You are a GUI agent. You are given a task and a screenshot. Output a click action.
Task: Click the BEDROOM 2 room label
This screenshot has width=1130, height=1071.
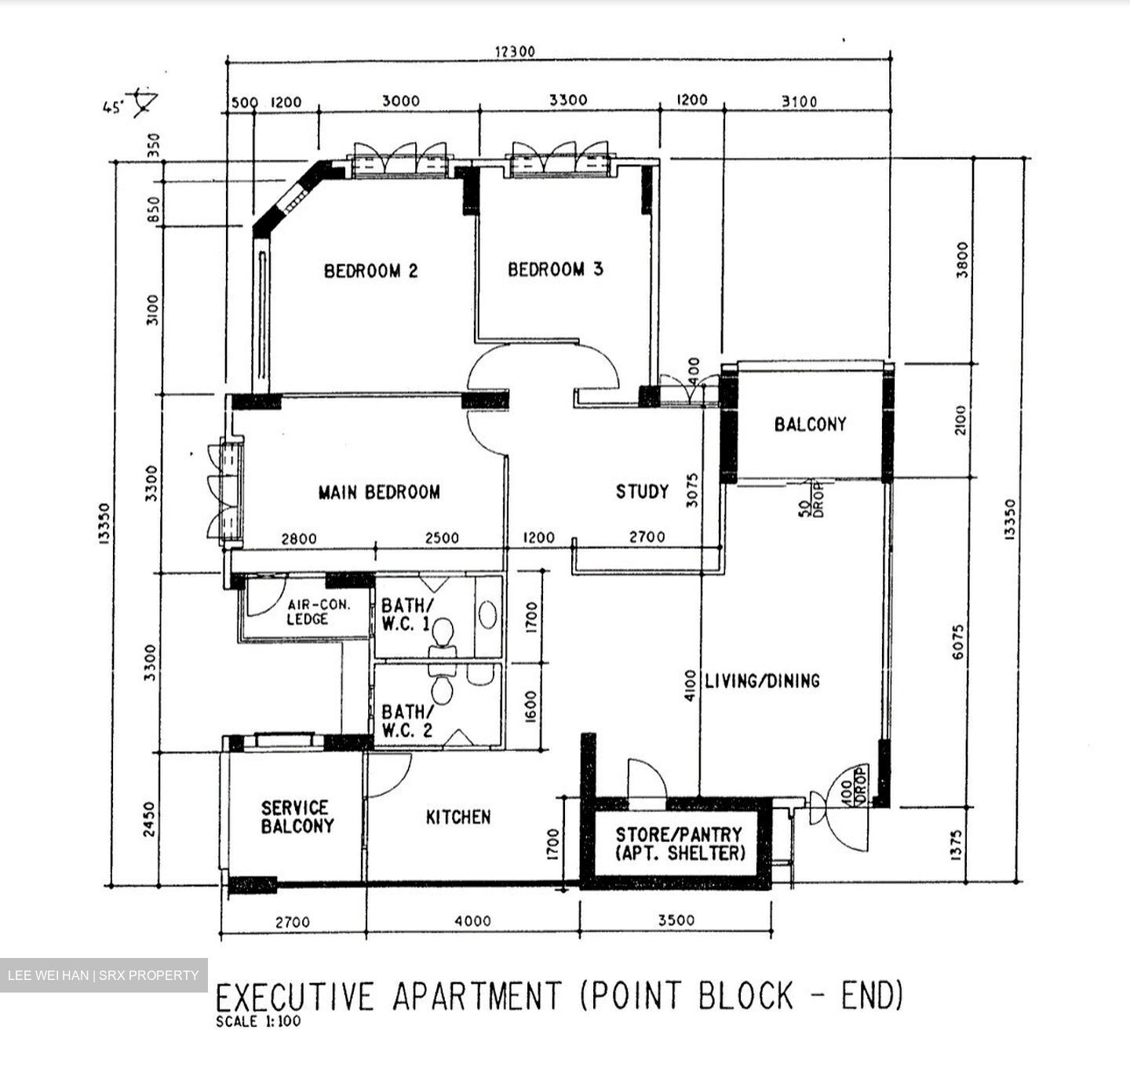click(x=370, y=271)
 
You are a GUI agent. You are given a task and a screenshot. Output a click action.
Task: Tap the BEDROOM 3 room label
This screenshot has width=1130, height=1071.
click(x=555, y=270)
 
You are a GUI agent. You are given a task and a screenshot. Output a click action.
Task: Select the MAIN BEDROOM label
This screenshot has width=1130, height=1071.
click(x=379, y=493)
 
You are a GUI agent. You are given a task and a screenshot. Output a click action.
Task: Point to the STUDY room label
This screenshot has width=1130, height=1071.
click(x=642, y=492)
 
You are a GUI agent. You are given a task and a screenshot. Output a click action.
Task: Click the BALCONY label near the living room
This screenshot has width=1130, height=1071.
click(x=810, y=424)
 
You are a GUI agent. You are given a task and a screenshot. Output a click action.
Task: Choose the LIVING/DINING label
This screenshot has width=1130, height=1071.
click(x=762, y=681)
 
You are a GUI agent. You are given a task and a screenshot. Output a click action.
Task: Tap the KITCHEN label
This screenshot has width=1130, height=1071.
click(x=458, y=818)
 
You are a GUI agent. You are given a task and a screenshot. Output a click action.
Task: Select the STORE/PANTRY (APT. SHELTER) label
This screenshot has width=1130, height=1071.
click(x=679, y=844)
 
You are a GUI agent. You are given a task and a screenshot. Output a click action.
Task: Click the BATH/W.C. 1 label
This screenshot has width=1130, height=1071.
click(x=406, y=615)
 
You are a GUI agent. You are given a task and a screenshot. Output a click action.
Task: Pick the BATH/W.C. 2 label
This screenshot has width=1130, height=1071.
click(x=407, y=720)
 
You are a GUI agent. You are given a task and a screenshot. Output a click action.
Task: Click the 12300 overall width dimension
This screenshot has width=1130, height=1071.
click(x=514, y=52)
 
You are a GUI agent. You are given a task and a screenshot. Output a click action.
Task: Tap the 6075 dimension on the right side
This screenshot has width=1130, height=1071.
click(x=959, y=641)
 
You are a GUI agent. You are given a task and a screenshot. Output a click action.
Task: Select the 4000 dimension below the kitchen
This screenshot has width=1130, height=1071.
click(x=472, y=922)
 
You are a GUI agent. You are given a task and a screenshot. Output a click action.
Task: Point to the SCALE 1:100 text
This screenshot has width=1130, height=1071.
click(x=258, y=1022)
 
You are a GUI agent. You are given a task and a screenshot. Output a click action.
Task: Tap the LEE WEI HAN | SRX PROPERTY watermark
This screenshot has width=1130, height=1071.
click(x=104, y=975)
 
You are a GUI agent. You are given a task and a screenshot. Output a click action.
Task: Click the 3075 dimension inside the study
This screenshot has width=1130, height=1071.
click(x=692, y=490)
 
